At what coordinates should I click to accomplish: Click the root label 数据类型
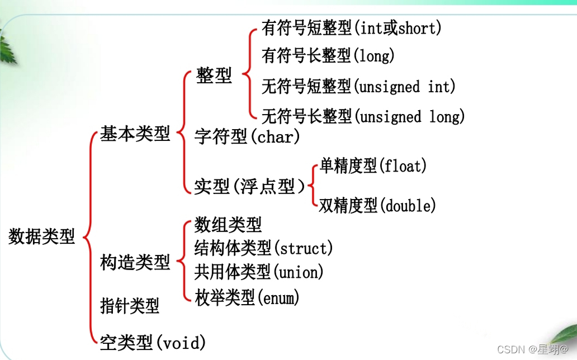tap(42, 236)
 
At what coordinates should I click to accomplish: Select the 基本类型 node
tap(135, 134)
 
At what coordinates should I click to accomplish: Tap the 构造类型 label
tap(135, 262)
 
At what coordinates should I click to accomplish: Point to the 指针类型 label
tap(130, 305)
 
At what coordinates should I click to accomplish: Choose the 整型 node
tap(214, 75)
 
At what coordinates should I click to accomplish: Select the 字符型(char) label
tap(247, 136)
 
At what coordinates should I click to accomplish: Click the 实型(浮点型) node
tap(250, 186)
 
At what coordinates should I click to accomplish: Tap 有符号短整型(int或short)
tap(351, 28)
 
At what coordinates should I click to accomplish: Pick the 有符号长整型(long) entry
tap(328, 55)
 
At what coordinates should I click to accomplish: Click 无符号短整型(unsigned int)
tap(358, 87)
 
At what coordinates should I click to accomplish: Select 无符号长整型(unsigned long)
tap(363, 116)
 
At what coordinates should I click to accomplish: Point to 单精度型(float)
tap(373, 166)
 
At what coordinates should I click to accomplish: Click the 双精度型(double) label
tap(377, 206)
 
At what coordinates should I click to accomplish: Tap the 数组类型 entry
tap(228, 225)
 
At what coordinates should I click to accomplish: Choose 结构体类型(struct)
tap(263, 247)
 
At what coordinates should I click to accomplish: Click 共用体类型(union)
tap(259, 272)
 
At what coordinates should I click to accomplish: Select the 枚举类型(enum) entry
tap(247, 297)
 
